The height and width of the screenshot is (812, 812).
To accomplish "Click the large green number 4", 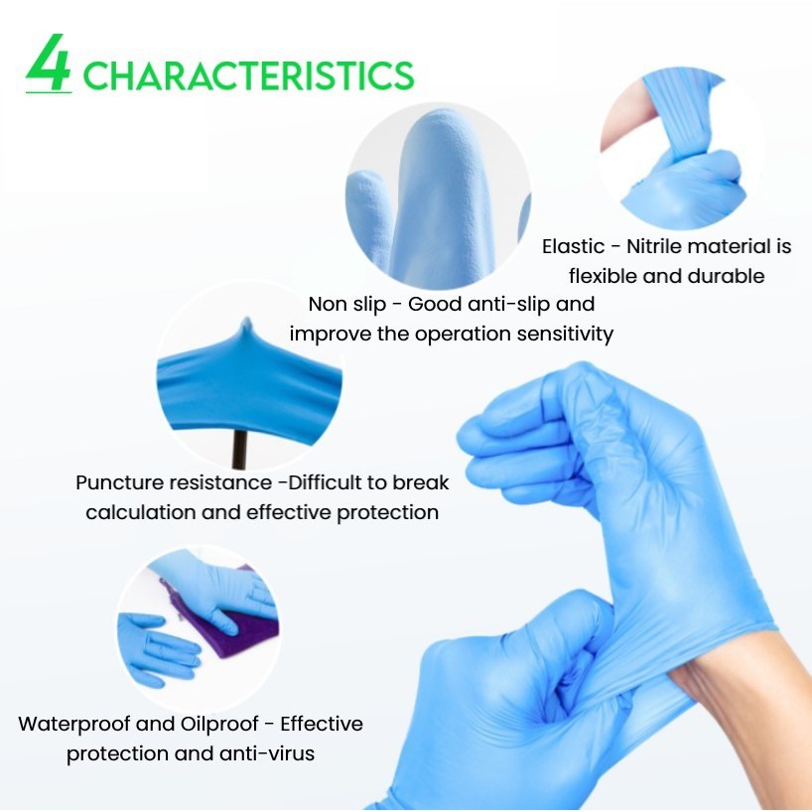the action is (x=49, y=63).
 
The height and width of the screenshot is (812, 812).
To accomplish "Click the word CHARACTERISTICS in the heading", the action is (x=248, y=75).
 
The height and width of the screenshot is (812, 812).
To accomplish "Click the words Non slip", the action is (x=347, y=305).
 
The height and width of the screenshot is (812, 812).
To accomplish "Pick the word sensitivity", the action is (x=565, y=334).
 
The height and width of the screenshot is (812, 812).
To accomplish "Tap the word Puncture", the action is (x=120, y=482).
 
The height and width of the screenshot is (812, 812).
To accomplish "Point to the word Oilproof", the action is (x=219, y=724).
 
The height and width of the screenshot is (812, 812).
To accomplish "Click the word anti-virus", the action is (x=267, y=753).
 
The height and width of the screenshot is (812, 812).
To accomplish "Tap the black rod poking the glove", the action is (x=238, y=449).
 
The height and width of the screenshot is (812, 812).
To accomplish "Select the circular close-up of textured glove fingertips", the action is (x=438, y=196).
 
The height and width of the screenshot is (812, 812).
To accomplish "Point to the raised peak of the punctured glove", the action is (x=247, y=327).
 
